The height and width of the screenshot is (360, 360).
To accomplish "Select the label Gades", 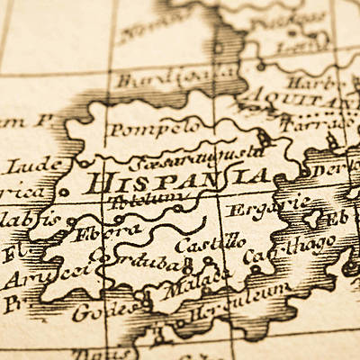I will [97, 311].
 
